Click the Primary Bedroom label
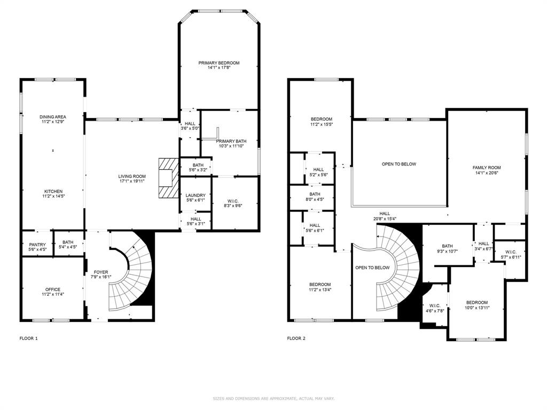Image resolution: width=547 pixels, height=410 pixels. click(219, 63)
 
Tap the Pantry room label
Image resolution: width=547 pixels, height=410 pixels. click(37, 245)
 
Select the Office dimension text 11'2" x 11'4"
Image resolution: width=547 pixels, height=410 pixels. click(53, 294)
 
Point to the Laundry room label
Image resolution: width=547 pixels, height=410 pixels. click(196, 195)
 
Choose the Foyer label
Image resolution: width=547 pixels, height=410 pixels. click(101, 272)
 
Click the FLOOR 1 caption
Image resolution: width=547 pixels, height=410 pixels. click(29, 338)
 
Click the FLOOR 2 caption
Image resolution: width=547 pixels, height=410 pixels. click(296, 338)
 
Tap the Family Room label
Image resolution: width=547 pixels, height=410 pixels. click(487, 167)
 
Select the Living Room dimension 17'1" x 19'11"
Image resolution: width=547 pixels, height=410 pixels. click(132, 181)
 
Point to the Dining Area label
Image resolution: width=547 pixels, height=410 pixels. click(53, 117)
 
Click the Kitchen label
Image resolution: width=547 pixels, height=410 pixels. click(53, 192)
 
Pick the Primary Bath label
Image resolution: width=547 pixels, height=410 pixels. click(231, 141)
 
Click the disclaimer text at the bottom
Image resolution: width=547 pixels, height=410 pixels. click(273, 398)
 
